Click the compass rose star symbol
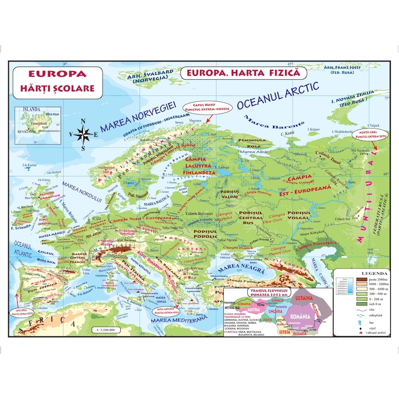click(84, 134)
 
